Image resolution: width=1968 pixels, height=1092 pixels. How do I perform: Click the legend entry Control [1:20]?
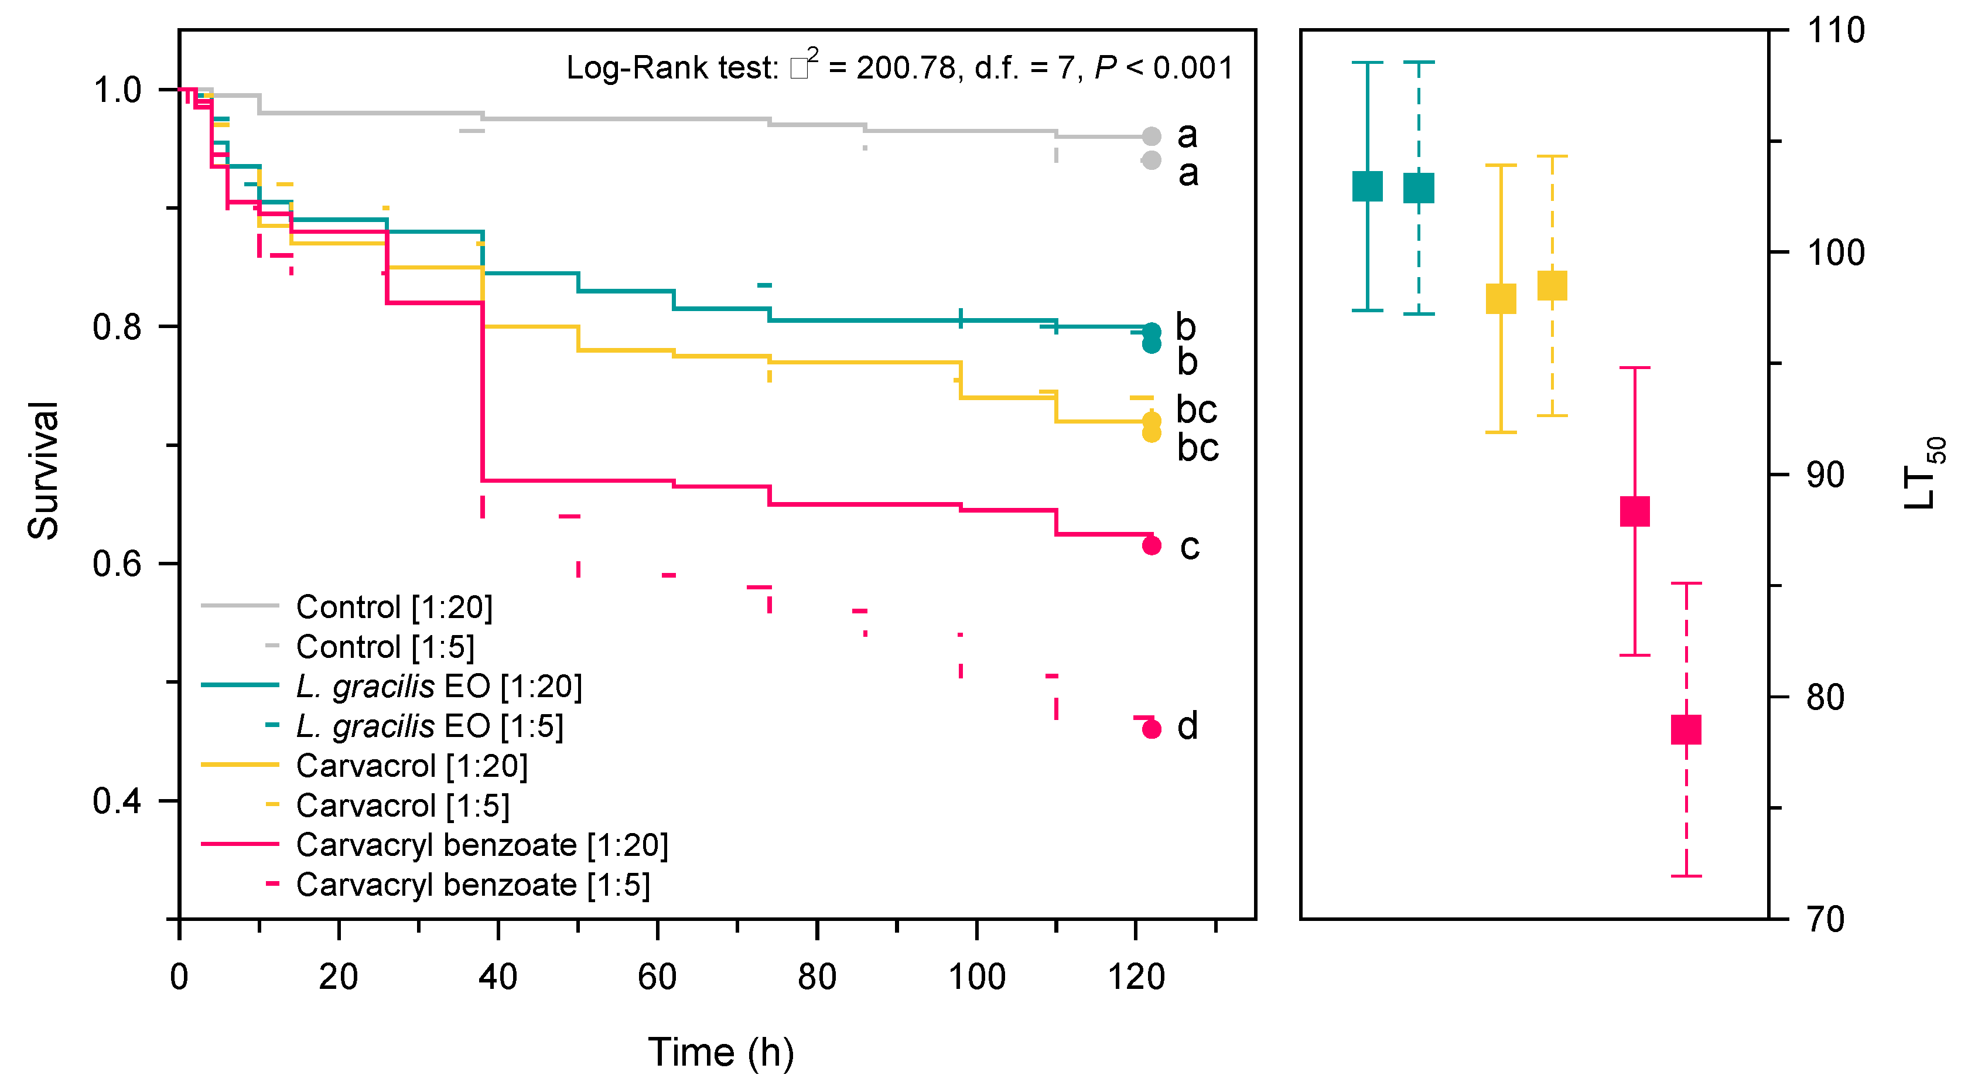(394, 608)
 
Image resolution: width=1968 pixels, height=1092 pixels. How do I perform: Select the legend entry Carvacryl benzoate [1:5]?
(473, 885)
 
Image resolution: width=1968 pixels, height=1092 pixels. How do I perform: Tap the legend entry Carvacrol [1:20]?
(411, 766)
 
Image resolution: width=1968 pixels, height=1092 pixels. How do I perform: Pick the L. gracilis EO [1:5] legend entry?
(429, 726)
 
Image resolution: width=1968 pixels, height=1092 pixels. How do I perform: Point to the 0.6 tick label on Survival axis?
(117, 564)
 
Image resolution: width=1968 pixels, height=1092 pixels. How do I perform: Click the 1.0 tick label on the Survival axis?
(117, 90)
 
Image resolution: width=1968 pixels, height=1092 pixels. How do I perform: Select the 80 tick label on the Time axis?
(816, 977)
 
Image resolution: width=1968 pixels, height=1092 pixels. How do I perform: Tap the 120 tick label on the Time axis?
(1136, 977)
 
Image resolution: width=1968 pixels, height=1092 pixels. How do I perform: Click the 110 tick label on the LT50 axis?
(1836, 30)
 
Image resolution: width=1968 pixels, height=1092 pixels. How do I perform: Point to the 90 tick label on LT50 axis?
(1826, 475)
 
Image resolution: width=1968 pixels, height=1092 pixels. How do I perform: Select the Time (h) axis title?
(720, 1052)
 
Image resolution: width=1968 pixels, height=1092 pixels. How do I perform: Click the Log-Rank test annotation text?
(899, 67)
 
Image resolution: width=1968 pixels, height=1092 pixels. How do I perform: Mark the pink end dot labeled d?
(1152, 729)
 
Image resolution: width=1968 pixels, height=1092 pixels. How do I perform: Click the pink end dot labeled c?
(1152, 545)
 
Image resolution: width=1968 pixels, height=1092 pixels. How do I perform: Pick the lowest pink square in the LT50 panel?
(1686, 730)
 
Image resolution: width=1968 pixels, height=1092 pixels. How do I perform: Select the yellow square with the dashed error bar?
(1552, 286)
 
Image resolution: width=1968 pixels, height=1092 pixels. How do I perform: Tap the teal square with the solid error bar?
(1368, 186)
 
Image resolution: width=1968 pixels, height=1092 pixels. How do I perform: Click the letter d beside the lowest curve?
(1187, 726)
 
